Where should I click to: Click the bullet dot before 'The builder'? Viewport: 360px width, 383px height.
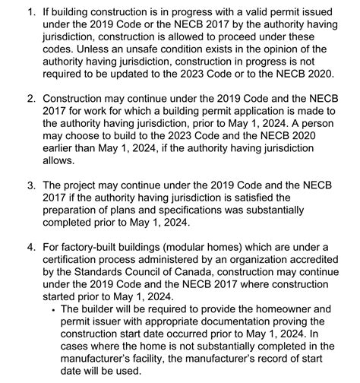pyautogui.click(x=52, y=310)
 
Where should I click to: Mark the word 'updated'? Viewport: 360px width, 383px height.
pyautogui.click(x=137, y=76)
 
